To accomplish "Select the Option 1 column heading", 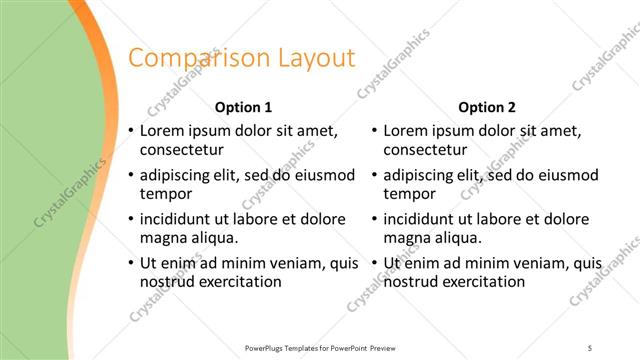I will pos(243,107).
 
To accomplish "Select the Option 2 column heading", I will pos(487,107).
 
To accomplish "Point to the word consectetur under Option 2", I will pos(424,150).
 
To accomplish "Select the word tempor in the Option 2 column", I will pos(409,194).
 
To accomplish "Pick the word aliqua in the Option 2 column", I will pos(457,238).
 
